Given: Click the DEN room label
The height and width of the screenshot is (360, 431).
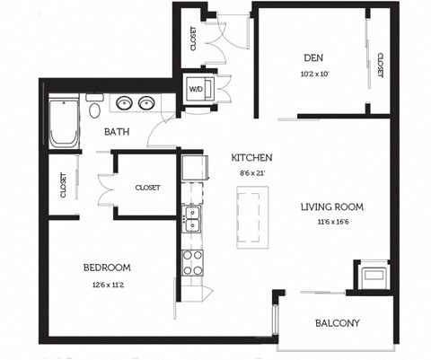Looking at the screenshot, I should (312, 59).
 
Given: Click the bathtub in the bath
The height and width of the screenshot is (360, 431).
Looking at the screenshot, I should (62, 124).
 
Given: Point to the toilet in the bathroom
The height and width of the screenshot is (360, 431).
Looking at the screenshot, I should (93, 110).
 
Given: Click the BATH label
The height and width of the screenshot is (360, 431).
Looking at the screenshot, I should (117, 132).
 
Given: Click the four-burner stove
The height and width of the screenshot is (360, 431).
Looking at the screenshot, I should (192, 261).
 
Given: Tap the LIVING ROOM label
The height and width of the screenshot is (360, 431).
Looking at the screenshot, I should (331, 206).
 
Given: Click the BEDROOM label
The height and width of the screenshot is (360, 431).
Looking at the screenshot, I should (108, 268).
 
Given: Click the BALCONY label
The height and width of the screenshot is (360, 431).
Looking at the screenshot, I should (338, 323).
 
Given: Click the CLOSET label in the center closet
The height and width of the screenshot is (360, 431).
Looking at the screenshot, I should (147, 188).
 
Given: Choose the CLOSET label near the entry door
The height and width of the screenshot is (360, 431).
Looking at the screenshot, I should (193, 38).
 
